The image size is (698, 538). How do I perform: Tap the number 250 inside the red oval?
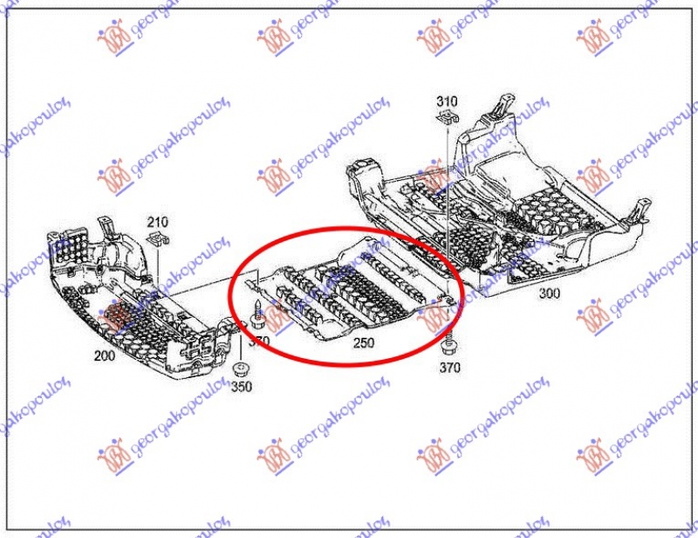364,343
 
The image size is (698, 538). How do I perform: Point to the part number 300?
549,293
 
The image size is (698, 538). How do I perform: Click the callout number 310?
447,101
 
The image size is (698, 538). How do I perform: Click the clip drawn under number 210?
157,239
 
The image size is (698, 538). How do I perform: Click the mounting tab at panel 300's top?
499,105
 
